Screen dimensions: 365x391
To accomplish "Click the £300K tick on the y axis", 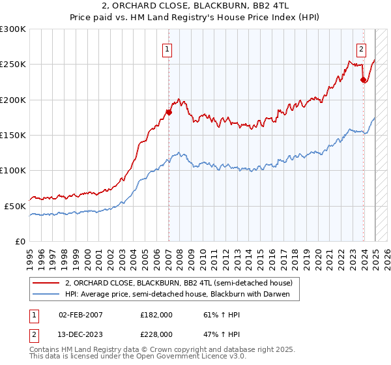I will [x=13, y=29].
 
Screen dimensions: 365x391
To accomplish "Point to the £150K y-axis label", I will [x=13, y=136].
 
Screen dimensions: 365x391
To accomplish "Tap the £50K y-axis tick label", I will [x=15, y=206].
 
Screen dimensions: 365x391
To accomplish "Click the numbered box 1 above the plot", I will [x=168, y=48].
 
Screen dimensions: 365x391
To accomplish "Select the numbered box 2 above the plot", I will [x=361, y=48].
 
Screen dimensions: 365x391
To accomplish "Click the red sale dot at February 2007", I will [x=168, y=112].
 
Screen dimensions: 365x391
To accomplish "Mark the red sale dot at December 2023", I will [x=363, y=80].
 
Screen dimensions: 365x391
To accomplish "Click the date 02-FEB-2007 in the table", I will [x=81, y=314].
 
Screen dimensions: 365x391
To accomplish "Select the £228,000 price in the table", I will [x=156, y=334].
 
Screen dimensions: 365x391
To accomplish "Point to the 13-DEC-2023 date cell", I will [x=81, y=334].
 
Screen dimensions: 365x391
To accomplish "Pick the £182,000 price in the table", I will [x=156, y=314].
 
